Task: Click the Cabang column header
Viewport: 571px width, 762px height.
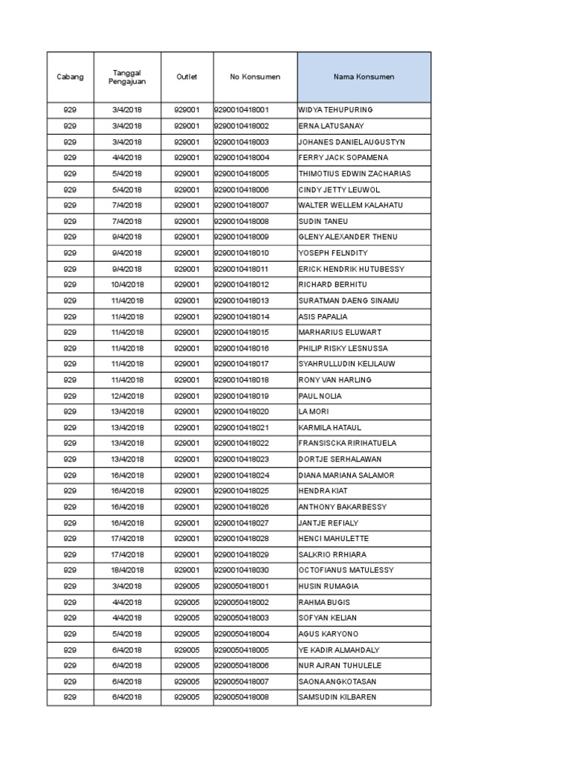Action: (x=70, y=77)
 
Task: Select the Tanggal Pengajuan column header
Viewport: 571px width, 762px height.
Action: (x=127, y=77)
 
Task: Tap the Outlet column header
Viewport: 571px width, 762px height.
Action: (x=187, y=77)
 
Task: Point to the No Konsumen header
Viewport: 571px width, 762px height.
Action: (x=255, y=77)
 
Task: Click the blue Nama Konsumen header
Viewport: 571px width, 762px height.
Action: (x=364, y=77)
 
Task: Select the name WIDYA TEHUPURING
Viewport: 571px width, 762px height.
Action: (x=335, y=110)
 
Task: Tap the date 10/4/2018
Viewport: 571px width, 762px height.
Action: (x=127, y=285)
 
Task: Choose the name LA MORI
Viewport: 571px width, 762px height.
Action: (x=313, y=412)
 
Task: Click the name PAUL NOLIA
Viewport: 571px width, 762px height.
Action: (x=320, y=396)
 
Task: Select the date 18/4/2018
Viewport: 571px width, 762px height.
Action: (x=127, y=571)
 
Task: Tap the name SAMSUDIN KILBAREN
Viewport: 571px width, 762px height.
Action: (x=337, y=697)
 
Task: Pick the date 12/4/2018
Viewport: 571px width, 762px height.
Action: (x=127, y=396)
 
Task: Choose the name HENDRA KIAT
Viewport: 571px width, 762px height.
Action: (x=323, y=491)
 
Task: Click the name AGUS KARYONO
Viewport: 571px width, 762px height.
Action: (x=328, y=634)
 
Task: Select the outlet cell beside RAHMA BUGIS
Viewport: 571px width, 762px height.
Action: (x=187, y=602)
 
